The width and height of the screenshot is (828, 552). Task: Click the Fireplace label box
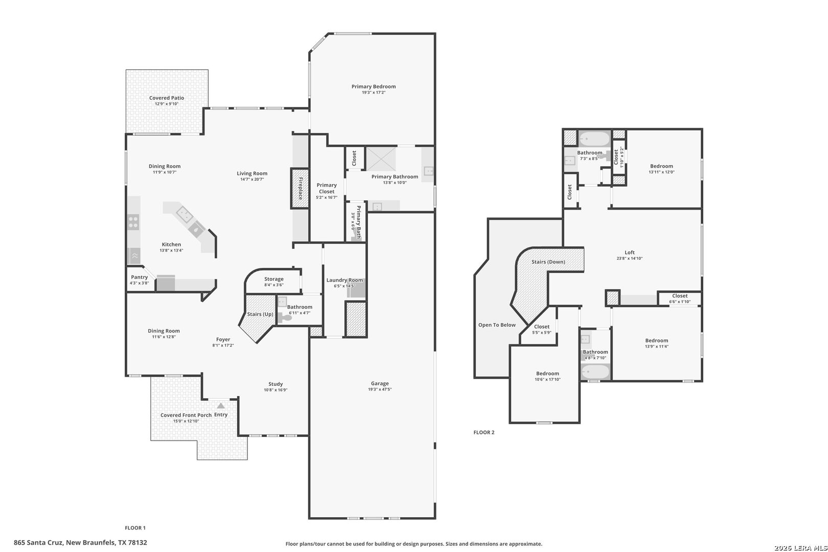(x=300, y=189)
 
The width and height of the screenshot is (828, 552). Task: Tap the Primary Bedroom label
(x=373, y=86)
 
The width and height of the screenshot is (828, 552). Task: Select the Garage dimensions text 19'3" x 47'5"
(x=380, y=389)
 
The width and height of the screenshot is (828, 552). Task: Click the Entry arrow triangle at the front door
(x=221, y=406)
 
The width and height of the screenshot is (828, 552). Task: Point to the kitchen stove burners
(x=133, y=222)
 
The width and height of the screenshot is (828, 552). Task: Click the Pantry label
(x=140, y=278)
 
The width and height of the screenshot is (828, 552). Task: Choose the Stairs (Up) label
(x=260, y=314)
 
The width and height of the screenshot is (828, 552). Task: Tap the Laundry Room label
(x=344, y=280)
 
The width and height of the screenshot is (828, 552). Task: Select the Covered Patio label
(x=166, y=98)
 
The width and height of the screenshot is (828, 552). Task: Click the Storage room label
(x=274, y=279)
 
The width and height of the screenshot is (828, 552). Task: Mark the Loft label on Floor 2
(x=630, y=252)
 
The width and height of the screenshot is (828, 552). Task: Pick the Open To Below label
(x=497, y=325)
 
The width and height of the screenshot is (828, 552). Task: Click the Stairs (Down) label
(x=548, y=262)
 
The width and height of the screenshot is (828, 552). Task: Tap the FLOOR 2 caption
(x=484, y=432)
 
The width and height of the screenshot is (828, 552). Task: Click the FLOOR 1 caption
(x=135, y=528)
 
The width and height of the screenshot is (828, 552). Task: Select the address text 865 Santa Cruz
(x=38, y=543)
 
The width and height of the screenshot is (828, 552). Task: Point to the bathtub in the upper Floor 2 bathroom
(x=594, y=139)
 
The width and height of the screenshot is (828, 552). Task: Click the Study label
(x=275, y=384)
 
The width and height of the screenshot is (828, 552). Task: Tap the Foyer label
(x=223, y=339)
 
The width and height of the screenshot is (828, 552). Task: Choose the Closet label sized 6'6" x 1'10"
(x=680, y=296)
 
